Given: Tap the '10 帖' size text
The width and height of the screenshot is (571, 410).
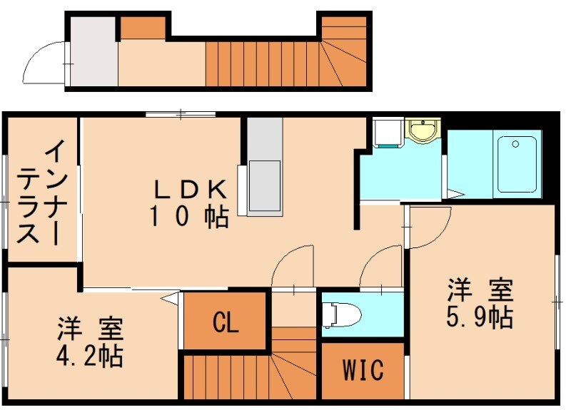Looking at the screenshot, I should (189, 216).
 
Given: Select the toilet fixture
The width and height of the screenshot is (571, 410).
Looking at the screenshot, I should (340, 314).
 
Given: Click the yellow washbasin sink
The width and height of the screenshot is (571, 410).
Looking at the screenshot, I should (423, 131).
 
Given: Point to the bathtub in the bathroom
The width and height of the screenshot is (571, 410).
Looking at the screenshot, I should (517, 163).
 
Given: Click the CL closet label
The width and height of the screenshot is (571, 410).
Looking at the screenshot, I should (226, 323).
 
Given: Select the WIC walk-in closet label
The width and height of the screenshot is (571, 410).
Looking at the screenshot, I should (363, 371).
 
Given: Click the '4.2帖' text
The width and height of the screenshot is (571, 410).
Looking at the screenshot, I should (90, 355).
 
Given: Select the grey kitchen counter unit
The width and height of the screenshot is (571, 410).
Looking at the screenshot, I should (264, 166).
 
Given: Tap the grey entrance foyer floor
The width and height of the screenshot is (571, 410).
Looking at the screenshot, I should (93, 51).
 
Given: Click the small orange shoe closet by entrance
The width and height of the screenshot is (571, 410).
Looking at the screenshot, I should (142, 27).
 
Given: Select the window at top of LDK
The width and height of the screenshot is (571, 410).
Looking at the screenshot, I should (181, 114).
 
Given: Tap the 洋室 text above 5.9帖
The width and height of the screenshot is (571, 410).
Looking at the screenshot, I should (480, 291).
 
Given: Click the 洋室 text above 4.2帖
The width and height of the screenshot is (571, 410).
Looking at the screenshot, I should (90, 329).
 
